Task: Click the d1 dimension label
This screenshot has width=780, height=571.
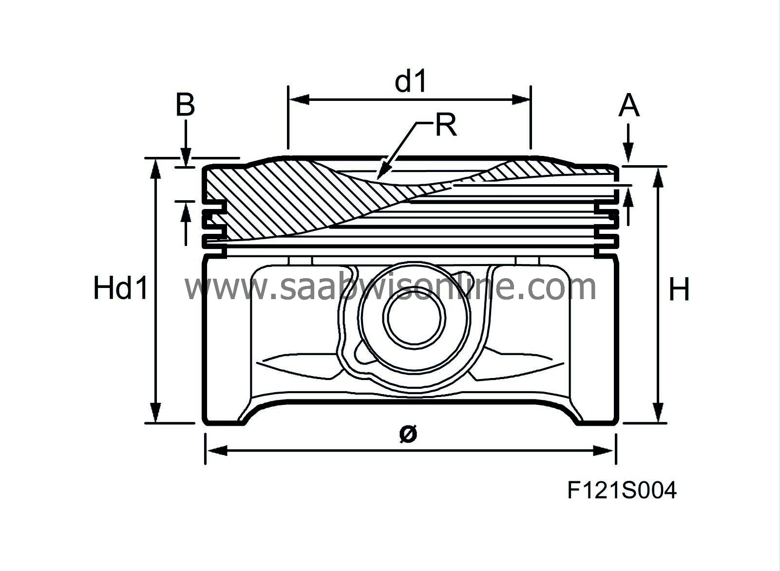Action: [411, 81]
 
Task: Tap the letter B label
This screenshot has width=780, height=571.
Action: [185, 105]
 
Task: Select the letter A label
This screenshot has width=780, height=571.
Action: [628, 106]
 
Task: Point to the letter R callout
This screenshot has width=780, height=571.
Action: [445, 125]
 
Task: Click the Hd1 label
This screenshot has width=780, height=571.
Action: [120, 288]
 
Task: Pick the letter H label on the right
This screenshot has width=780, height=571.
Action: [679, 290]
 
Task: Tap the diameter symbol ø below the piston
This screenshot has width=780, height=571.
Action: [408, 433]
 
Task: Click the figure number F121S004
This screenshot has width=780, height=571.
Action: [622, 490]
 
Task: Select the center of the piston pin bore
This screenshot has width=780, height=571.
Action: [413, 319]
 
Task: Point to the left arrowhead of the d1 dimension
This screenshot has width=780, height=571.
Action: [292, 100]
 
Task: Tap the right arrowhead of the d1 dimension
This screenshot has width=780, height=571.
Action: [527, 100]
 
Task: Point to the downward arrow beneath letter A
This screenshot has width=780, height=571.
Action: [628, 151]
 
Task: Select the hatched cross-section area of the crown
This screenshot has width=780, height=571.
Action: [273, 195]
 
